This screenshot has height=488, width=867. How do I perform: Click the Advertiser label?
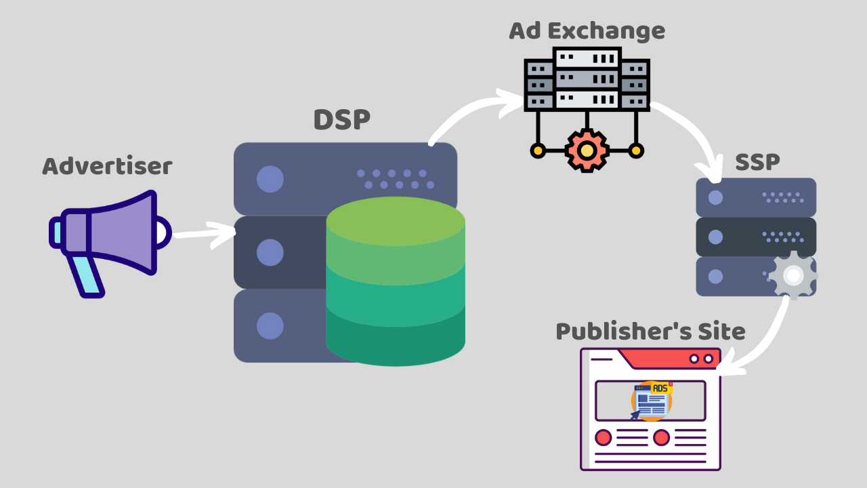(107, 166)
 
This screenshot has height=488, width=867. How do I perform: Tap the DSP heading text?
(341, 120)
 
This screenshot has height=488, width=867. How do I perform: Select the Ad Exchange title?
(587, 30)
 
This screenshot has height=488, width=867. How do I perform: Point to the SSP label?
(757, 162)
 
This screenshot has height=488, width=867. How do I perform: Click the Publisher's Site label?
(650, 331)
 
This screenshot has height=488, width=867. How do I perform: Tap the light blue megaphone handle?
(89, 274)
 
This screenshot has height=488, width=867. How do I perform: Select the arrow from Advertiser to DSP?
(203, 234)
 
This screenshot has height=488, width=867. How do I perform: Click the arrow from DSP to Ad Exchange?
(467, 112)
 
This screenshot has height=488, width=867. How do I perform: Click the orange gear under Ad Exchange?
(587, 150)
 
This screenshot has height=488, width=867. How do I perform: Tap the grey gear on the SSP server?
(793, 275)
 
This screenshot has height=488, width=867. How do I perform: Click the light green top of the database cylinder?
(396, 220)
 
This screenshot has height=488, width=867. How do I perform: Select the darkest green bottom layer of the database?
(396, 342)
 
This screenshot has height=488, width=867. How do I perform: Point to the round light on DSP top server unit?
(270, 179)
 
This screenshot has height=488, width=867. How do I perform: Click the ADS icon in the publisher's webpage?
(652, 401)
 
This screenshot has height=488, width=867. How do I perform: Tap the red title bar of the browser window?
(667, 358)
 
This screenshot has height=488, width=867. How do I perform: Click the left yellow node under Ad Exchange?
(538, 150)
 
